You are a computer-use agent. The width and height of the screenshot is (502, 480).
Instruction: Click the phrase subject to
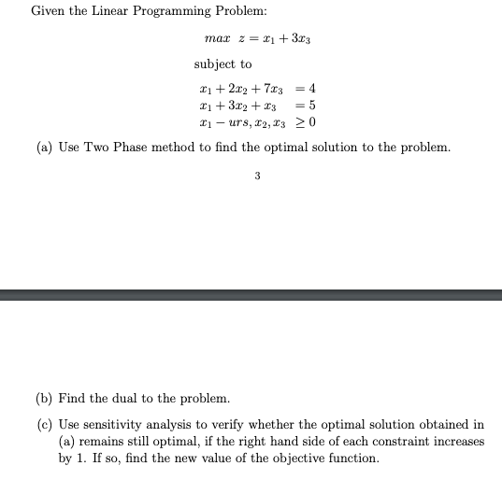point(222,64)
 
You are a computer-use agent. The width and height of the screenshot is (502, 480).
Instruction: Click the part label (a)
point(44,148)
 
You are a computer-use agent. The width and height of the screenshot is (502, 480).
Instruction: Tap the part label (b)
point(44,399)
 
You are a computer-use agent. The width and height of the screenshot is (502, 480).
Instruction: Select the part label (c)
point(44,424)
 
